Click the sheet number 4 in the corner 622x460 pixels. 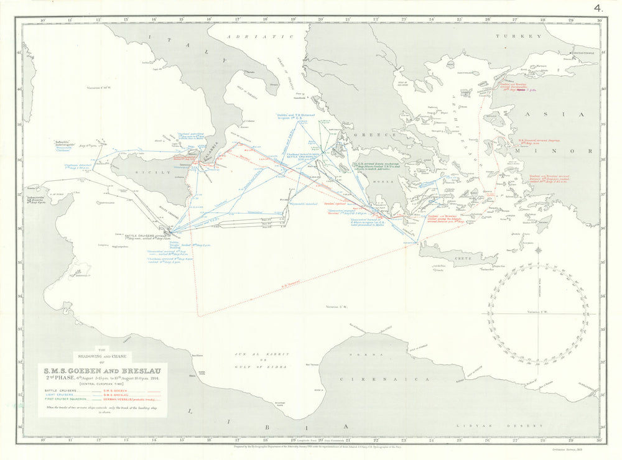pos(598,8)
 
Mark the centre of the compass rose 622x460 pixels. pos(537,313)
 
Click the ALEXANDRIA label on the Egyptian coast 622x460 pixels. pos(588,385)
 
